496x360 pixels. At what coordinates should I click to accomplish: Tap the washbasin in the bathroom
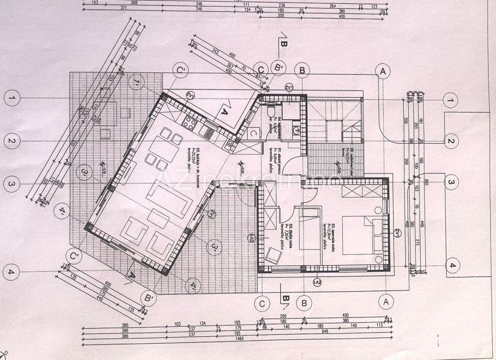tap(295, 130)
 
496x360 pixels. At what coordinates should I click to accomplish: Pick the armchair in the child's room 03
tap(272, 253)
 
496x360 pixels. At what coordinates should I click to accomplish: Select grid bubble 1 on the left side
tap(11, 98)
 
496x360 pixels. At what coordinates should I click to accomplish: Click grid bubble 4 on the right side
tap(452, 265)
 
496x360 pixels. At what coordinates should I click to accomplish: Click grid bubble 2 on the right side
tap(450, 142)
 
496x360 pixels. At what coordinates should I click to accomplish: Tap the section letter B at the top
tap(284, 44)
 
